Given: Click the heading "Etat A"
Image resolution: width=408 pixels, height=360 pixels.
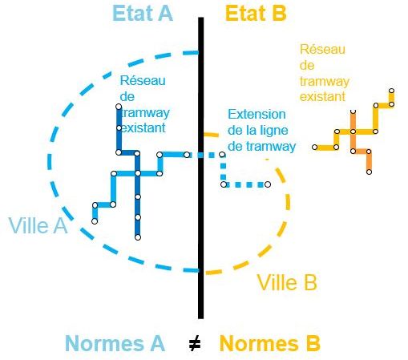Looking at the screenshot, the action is (x=143, y=13).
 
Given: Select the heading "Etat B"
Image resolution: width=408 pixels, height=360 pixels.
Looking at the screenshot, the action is (x=256, y=13).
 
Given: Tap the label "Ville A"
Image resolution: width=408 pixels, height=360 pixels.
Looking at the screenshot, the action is (x=38, y=225).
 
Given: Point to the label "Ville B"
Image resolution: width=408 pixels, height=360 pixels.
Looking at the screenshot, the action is (x=287, y=282).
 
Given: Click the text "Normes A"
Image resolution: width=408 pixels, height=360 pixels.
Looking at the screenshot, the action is (x=115, y=343).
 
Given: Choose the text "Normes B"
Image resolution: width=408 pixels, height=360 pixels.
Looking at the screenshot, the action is (x=269, y=343).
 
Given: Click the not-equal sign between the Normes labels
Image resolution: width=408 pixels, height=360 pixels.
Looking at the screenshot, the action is (x=195, y=344).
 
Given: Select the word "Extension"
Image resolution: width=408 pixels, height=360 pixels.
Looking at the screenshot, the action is (x=257, y=115).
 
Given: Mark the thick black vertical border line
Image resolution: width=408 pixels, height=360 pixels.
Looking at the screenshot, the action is (x=200, y=168).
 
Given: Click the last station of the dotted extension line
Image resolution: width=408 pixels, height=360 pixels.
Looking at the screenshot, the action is (x=268, y=184).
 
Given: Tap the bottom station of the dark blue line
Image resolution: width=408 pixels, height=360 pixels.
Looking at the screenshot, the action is (x=138, y=237).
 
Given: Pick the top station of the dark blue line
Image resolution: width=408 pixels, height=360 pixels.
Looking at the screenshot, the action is (x=119, y=107).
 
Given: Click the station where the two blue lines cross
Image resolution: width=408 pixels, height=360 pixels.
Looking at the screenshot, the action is (x=138, y=173).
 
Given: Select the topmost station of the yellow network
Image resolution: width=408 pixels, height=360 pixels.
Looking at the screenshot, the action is (x=391, y=91).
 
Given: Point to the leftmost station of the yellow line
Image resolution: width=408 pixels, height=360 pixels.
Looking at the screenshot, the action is (x=315, y=148).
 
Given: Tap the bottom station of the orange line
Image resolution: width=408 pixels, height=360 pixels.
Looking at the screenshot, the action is (x=369, y=172).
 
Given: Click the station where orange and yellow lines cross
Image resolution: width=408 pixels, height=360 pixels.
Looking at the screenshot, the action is (x=353, y=131).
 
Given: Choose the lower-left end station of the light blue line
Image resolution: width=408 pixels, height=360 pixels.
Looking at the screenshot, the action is (x=95, y=221).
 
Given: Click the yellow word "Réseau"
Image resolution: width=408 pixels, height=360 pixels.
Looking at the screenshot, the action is (x=322, y=50).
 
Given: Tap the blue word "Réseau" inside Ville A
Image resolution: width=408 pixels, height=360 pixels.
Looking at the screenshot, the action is (x=143, y=81).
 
